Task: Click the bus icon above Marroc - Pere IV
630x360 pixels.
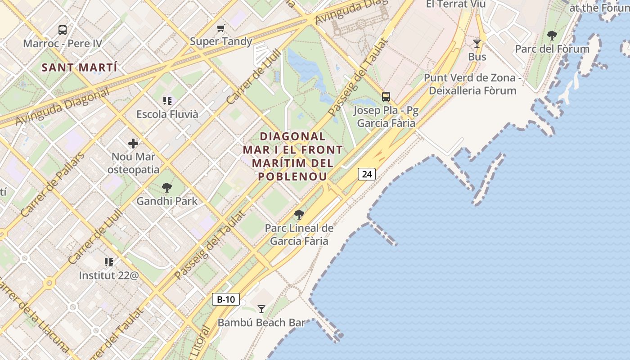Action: pos(63,30)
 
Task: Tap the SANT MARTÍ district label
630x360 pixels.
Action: pos(79,68)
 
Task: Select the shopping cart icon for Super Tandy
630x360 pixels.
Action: pos(220,28)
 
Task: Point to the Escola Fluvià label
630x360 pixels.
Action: pos(167,114)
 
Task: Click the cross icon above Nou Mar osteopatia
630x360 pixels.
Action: pos(133,144)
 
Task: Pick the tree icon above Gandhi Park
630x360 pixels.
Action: pos(167,187)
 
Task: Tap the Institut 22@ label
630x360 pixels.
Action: pos(109,275)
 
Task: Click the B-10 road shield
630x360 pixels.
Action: pos(226,299)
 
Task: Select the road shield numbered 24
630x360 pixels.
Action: pos(367,174)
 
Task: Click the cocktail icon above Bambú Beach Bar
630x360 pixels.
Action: pos(261,309)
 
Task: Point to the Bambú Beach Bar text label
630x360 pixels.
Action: pos(261,323)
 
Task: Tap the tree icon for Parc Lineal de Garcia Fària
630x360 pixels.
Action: pos(299,214)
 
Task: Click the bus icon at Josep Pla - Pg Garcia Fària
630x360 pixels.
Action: pos(386,96)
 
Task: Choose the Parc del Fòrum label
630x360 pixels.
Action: pos(552,49)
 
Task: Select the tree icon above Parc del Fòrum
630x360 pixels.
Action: pos(552,35)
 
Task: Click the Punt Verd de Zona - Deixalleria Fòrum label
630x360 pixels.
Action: pos(472,84)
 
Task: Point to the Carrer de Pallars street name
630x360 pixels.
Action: pos(53,184)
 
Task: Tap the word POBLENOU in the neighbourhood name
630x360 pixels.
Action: pos(293,176)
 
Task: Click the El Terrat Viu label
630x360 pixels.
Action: pos(456,4)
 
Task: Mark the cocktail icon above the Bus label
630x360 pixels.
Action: pos(477,43)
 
